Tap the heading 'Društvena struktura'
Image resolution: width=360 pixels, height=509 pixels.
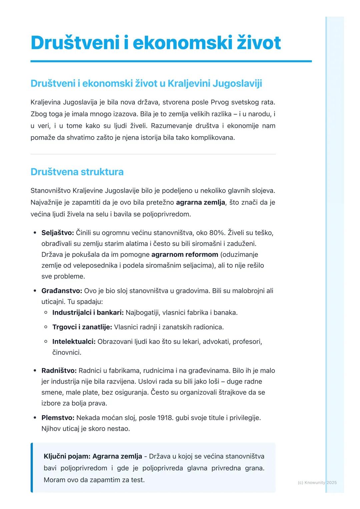coord(77,172)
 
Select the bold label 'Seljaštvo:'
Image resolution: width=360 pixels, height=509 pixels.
coord(58,233)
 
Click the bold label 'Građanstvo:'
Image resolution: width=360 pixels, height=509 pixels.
coord(62,291)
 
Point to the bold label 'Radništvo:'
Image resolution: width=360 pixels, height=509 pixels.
coord(59,370)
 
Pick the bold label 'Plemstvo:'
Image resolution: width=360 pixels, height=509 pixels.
coord(58,418)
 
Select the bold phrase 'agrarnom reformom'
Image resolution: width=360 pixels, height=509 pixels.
coord(185,254)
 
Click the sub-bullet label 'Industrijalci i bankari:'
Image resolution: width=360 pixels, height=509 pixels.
coord(88,312)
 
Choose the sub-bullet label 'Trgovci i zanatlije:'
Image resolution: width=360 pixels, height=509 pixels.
coord(82,327)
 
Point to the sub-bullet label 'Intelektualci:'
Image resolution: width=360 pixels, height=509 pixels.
coord(74,342)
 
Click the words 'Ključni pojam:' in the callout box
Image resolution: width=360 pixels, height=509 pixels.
coord(67,456)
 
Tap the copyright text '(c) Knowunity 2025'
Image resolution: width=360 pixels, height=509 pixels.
coord(317,482)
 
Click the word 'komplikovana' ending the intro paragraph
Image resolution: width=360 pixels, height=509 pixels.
coord(212,138)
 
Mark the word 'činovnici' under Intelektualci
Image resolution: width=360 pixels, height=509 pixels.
coord(66,352)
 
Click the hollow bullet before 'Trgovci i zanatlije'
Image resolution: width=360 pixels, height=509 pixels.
coord(46,327)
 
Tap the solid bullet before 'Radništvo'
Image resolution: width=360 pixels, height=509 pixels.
coord(35,370)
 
